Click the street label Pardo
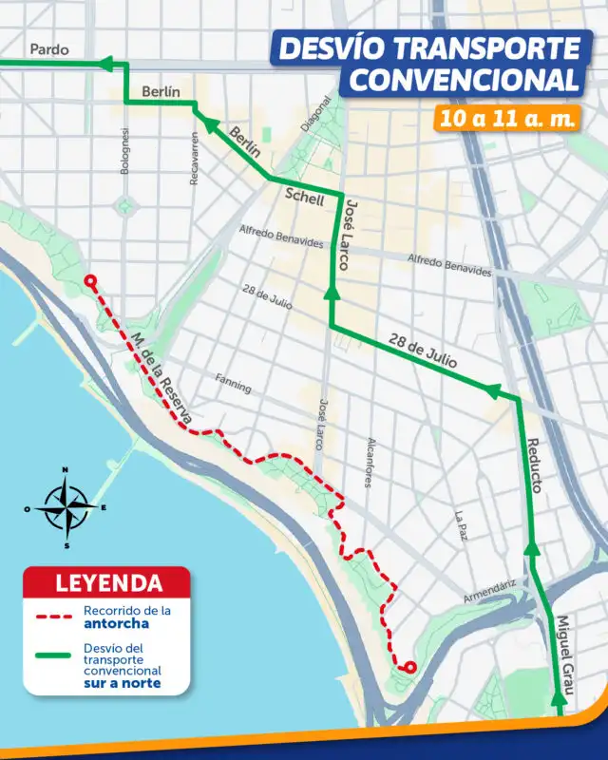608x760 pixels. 48,49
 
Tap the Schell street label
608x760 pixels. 305,199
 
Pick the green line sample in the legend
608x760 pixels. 56,655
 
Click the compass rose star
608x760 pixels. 65,507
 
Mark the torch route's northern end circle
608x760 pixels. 90,281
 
